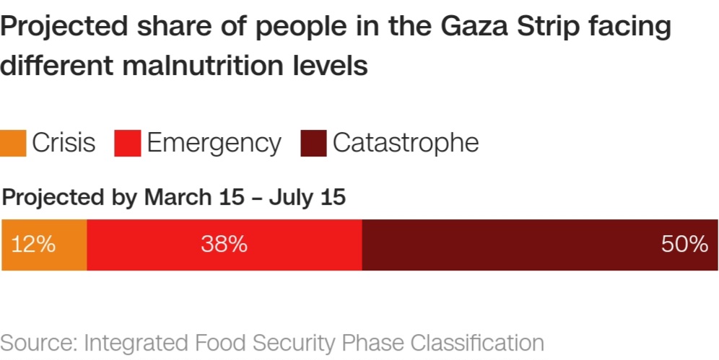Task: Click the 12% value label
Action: [x=32, y=245]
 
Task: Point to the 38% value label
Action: [x=224, y=245]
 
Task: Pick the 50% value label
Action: [x=684, y=245]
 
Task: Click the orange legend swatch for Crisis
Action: [x=14, y=143]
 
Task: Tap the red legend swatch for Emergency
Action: [x=127, y=143]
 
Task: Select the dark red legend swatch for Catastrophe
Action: [x=313, y=143]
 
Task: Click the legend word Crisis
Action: [x=64, y=143]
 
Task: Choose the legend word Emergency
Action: [x=214, y=143]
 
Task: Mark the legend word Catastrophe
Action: [x=405, y=143]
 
